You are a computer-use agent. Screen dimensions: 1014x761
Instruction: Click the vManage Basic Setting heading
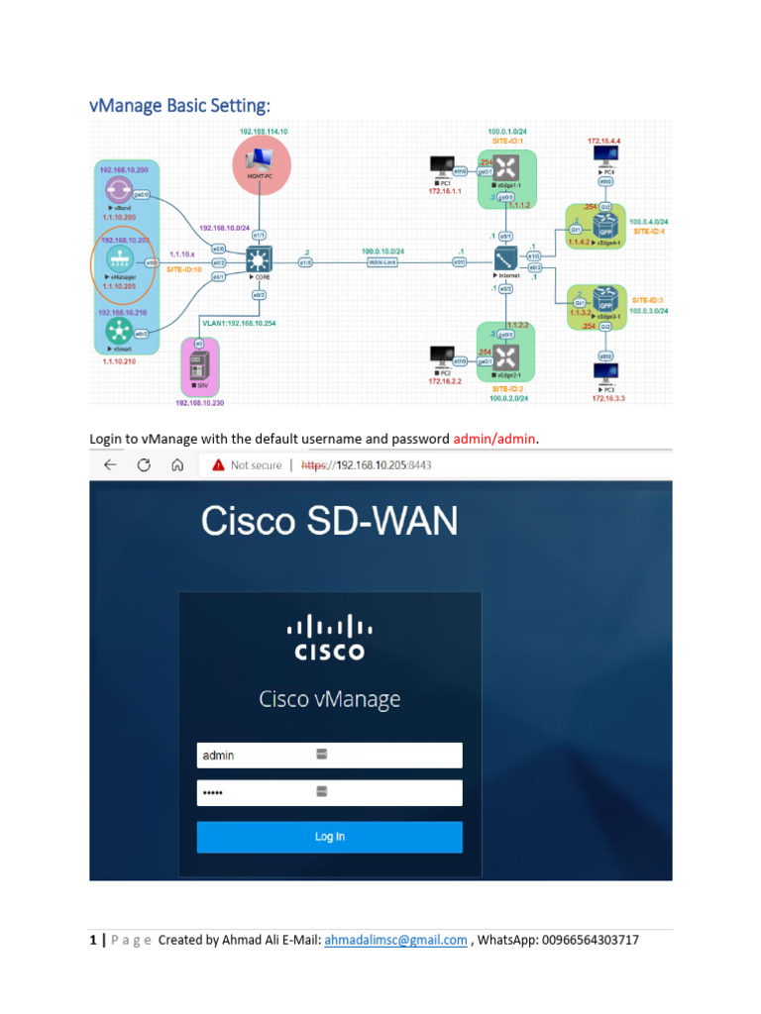(x=179, y=105)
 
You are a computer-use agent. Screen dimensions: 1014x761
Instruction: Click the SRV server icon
(x=199, y=368)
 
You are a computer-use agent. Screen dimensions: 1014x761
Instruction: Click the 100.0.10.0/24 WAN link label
(x=382, y=252)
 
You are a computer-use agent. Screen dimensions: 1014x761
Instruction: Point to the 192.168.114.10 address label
(x=263, y=132)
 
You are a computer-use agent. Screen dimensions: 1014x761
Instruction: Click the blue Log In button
(x=329, y=837)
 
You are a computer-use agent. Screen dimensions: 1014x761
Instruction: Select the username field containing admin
(x=329, y=756)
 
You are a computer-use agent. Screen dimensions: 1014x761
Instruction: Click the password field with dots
(x=329, y=792)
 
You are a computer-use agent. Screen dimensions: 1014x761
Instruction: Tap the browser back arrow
(x=110, y=464)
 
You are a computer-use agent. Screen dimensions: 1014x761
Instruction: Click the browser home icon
(x=176, y=464)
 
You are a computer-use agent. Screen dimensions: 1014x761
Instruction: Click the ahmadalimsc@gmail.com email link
(x=395, y=940)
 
